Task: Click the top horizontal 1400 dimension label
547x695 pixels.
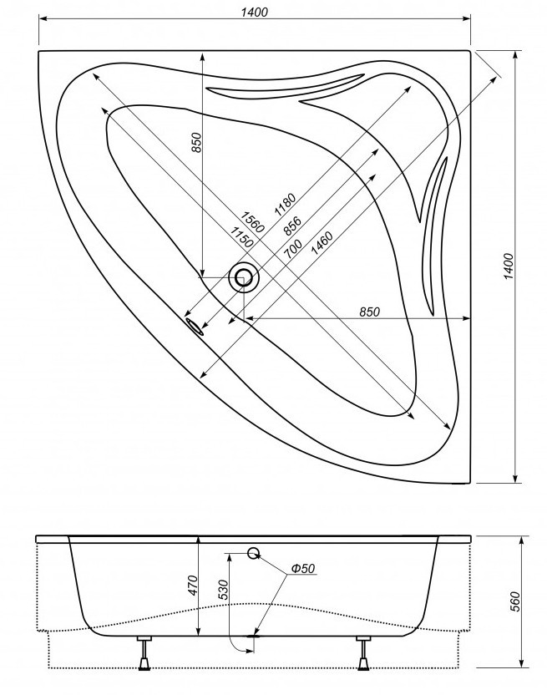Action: (253, 11)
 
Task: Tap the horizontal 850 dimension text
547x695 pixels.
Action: (368, 312)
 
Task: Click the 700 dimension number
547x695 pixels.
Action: (293, 248)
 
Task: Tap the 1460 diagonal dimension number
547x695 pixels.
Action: (322, 243)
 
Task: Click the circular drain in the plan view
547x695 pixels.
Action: (245, 277)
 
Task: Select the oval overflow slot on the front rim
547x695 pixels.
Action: (195, 325)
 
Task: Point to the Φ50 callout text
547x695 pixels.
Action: (302, 569)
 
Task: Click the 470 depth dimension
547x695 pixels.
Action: (191, 584)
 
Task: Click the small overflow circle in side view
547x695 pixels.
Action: (254, 552)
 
